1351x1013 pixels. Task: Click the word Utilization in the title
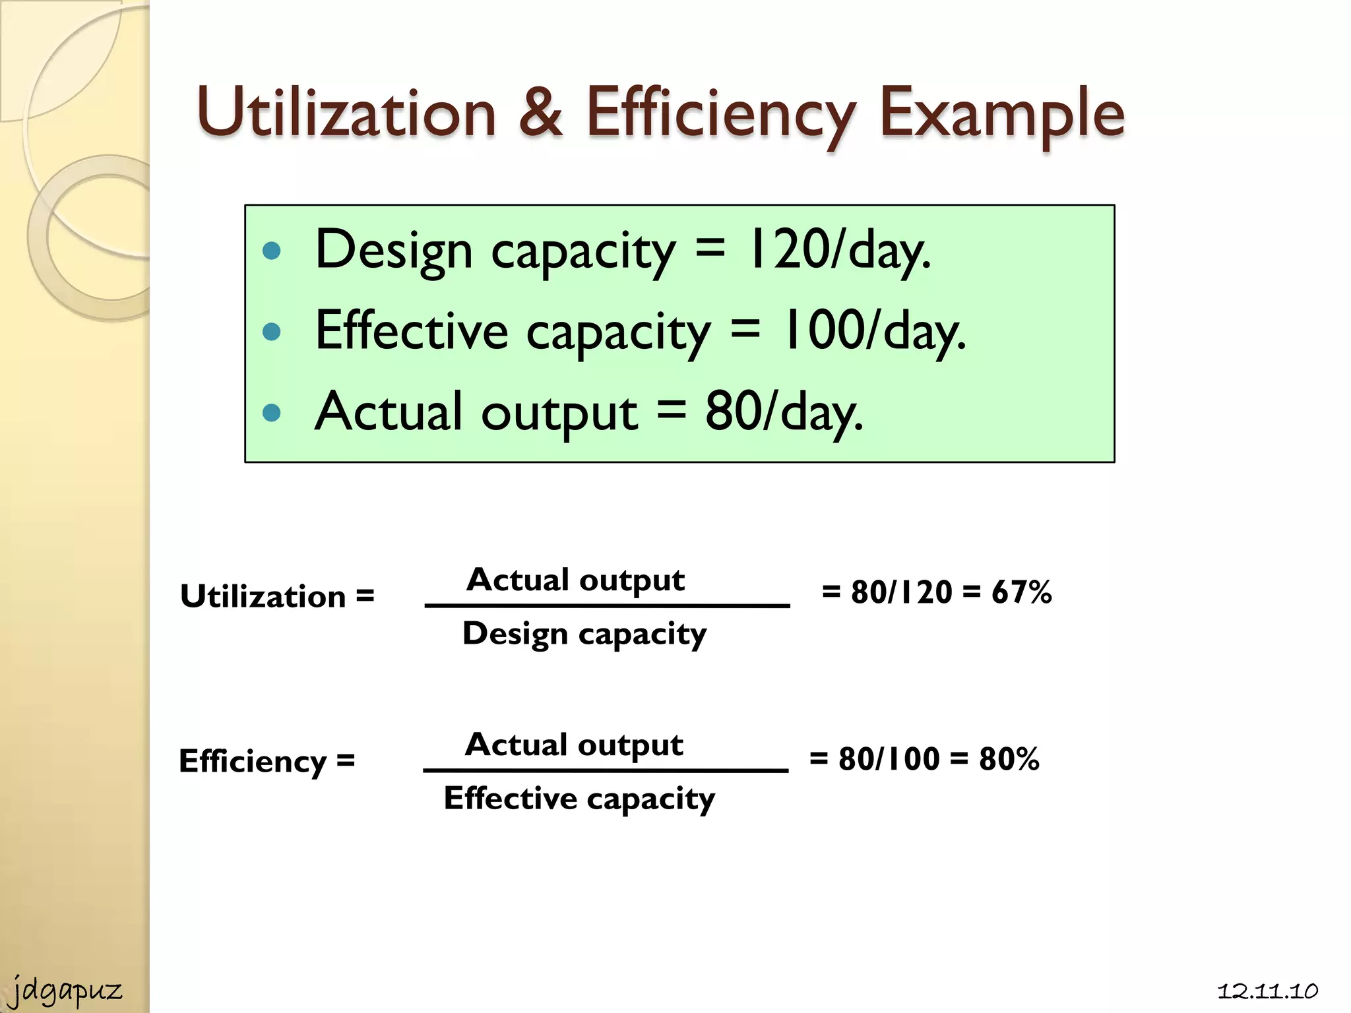click(346, 113)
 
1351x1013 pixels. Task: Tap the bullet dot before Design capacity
click(272, 251)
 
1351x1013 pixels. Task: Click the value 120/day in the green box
click(838, 250)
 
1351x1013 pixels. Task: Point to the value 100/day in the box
click(873, 331)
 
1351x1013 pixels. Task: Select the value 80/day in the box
click(784, 412)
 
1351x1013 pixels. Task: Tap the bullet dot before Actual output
click(272, 413)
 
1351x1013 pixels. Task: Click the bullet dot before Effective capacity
click(272, 331)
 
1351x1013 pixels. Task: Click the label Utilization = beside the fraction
click(277, 596)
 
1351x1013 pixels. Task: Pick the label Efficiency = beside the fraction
click(267, 761)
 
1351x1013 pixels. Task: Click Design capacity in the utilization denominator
click(584, 634)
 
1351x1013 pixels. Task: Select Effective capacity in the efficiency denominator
click(579, 799)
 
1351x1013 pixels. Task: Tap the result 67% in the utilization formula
click(1021, 592)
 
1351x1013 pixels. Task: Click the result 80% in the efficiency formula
click(1009, 759)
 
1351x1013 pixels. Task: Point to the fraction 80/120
click(901, 592)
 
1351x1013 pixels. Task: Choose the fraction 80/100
click(889, 759)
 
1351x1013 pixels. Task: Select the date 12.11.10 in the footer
click(1267, 991)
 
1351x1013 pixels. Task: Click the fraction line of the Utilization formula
click(607, 605)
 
